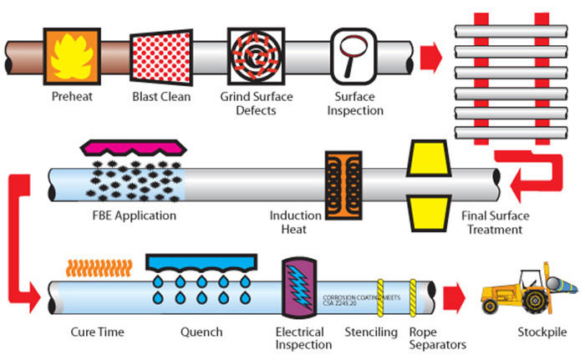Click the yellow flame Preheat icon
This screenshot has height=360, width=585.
[72, 56]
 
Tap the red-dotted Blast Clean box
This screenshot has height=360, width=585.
[161, 57]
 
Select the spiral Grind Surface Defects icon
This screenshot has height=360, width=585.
[256, 56]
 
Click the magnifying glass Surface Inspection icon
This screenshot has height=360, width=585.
[354, 56]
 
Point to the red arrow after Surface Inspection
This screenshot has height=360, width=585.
[431, 58]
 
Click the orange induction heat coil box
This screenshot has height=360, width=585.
[343, 185]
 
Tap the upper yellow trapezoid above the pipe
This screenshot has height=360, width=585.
[429, 158]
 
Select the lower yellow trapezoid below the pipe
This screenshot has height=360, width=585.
[429, 213]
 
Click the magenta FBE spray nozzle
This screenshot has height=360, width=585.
[134, 148]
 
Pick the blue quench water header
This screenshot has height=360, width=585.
[201, 263]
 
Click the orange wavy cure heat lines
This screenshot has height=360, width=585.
[99, 268]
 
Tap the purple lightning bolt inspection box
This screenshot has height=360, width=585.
[299, 287]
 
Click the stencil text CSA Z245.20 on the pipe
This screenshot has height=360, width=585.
[339, 303]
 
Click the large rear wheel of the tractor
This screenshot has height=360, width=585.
[537, 301]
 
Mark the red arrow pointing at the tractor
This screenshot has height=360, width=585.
[455, 298]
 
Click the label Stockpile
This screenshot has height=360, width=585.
[542, 332]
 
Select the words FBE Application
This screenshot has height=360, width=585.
[135, 215]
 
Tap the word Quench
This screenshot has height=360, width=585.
[201, 332]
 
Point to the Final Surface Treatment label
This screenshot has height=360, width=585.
[495, 222]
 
